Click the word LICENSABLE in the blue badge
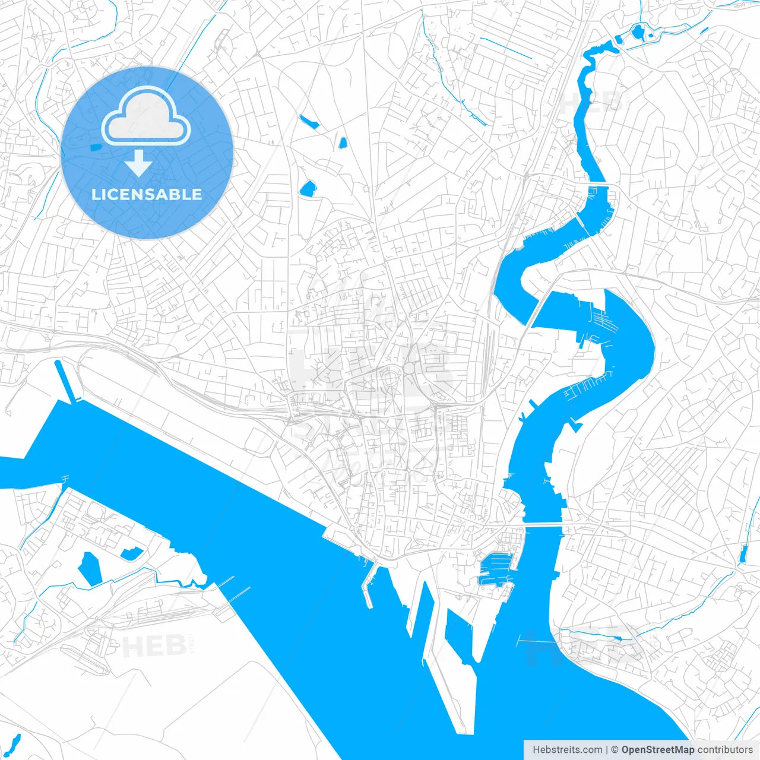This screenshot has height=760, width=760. [x=147, y=194]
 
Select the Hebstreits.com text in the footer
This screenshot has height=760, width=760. [x=567, y=750]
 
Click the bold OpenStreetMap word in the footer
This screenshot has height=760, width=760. [x=657, y=750]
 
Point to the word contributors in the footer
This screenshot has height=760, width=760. [x=725, y=750]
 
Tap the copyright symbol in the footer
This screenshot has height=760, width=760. [x=615, y=750]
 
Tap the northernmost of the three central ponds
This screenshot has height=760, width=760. [x=309, y=122]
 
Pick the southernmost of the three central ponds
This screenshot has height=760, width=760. [x=308, y=189]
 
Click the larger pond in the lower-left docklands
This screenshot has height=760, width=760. [x=89, y=569]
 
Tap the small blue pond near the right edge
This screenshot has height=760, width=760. [x=743, y=553]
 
